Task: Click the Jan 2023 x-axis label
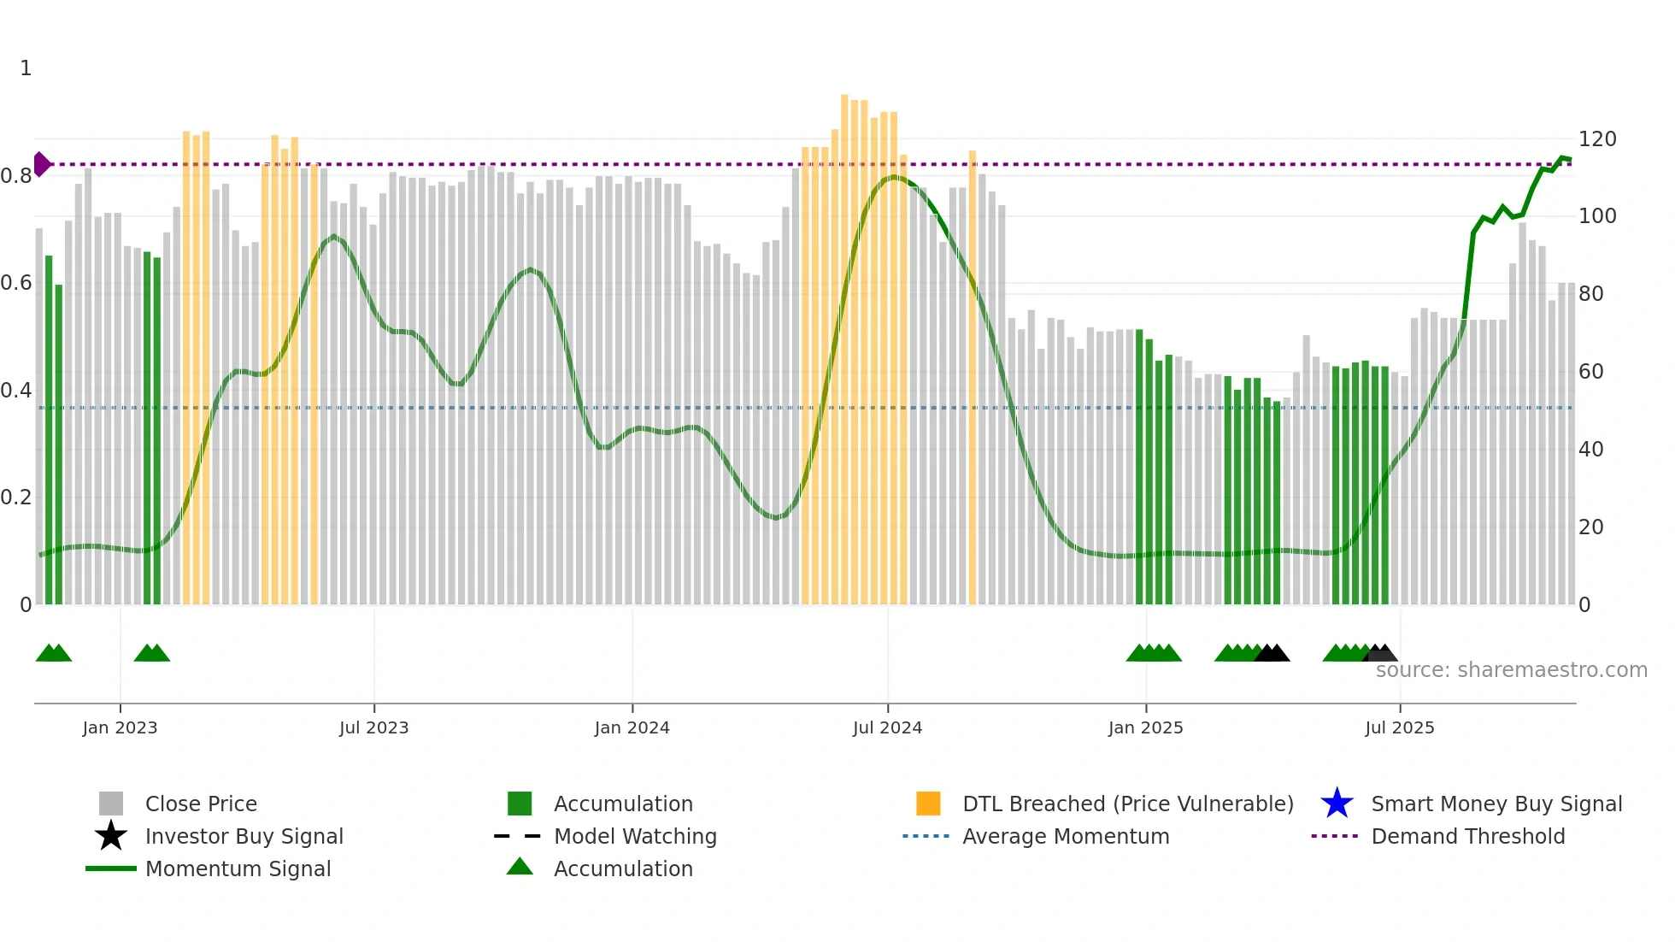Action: point(120,727)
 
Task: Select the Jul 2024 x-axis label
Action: point(887,727)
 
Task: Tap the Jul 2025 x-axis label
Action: point(1399,727)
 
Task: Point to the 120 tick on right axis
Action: point(1596,139)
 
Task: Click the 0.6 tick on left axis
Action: point(16,283)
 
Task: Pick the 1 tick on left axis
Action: point(26,68)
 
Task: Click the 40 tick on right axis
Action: point(1590,450)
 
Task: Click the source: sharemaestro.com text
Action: point(1511,670)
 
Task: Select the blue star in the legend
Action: point(1337,804)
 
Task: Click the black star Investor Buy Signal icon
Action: point(111,836)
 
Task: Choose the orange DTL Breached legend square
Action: point(928,804)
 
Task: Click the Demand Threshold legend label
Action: point(1467,836)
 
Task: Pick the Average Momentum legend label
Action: point(1065,836)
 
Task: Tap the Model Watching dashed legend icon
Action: point(518,836)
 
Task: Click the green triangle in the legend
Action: point(520,867)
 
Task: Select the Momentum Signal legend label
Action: point(238,868)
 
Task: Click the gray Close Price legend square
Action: point(111,804)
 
